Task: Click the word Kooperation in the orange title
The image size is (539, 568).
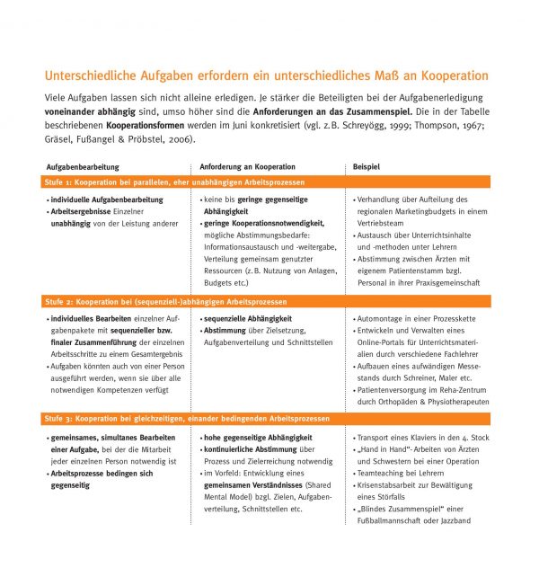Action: click(452, 75)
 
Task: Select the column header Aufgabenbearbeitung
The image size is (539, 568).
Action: click(83, 167)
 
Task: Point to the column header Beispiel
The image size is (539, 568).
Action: click(367, 167)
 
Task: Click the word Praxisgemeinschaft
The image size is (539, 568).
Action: click(448, 282)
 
